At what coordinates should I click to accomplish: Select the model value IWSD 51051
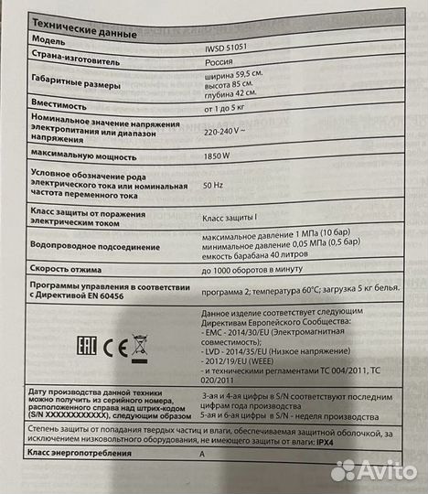pyautogui.click(x=230, y=47)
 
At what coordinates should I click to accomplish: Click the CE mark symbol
pyautogui.click(x=102, y=348)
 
